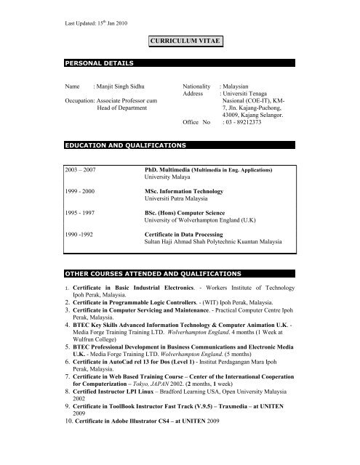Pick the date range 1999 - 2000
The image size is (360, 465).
click(81, 191)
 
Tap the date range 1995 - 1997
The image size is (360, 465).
click(81, 214)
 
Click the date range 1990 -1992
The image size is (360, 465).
click(81, 236)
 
